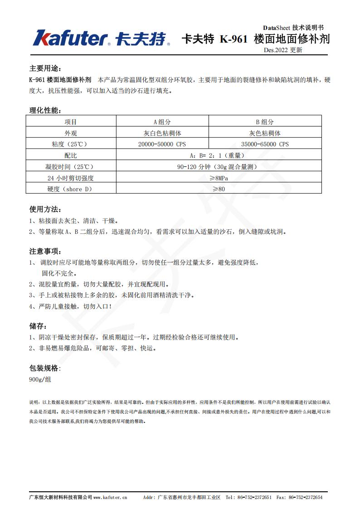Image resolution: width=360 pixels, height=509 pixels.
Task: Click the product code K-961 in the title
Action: [234, 39]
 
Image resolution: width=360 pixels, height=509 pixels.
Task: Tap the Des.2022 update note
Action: [282, 50]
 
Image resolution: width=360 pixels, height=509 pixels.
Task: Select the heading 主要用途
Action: [44, 68]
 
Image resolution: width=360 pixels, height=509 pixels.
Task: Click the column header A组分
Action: [162, 122]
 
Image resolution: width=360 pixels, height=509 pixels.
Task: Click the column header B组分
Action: [265, 122]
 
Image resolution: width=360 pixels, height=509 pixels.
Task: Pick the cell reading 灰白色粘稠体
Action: [162, 133]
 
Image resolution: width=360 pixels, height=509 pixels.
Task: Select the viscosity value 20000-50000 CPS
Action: [162, 145]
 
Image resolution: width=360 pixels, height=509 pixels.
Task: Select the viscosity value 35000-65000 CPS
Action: [265, 145]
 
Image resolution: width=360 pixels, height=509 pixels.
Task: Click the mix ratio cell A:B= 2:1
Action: [219, 155]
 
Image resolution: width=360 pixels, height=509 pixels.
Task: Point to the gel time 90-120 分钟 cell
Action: [219, 167]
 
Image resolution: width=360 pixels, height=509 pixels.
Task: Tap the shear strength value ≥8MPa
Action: [219, 178]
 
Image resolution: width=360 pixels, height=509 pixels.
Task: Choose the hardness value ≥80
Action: [219, 189]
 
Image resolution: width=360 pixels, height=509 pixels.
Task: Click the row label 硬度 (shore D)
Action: [71, 189]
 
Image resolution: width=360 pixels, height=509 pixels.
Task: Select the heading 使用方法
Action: [44, 209]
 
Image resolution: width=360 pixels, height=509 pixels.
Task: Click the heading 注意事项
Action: [44, 251]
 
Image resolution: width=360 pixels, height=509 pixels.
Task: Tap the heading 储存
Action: [38, 326]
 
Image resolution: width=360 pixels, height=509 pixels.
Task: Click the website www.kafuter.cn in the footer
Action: [110, 497]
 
